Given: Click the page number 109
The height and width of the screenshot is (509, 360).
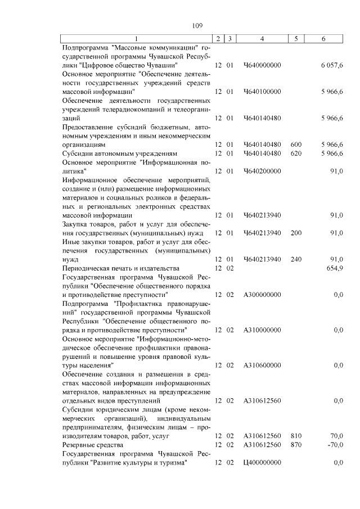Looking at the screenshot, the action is pyautogui.click(x=197, y=25).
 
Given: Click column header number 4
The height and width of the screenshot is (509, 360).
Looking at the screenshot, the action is pyautogui.click(x=262, y=38).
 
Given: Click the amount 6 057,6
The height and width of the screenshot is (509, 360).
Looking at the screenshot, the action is pyautogui.click(x=332, y=66).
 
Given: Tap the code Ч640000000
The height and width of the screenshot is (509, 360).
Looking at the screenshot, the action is pyautogui.click(x=262, y=66).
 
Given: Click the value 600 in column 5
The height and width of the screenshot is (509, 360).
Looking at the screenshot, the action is pyautogui.click(x=296, y=145).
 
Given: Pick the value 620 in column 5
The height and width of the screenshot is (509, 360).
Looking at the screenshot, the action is pyautogui.click(x=296, y=153).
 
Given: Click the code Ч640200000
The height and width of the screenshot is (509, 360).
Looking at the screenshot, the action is pyautogui.click(x=262, y=170).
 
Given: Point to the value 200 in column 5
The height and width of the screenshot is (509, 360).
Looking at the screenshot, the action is pyautogui.click(x=296, y=232).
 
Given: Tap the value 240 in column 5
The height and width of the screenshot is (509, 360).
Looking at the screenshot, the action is pyautogui.click(x=296, y=259).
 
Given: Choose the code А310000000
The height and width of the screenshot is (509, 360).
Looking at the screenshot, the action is pyautogui.click(x=262, y=330).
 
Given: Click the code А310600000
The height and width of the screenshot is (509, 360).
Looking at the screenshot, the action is pyautogui.click(x=262, y=366).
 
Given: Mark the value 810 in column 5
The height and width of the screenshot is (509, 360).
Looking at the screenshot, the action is pyautogui.click(x=296, y=436).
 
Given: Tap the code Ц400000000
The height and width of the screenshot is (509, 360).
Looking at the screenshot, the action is pyautogui.click(x=262, y=462).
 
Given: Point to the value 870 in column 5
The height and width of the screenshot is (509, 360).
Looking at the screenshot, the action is pyautogui.click(x=296, y=445).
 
